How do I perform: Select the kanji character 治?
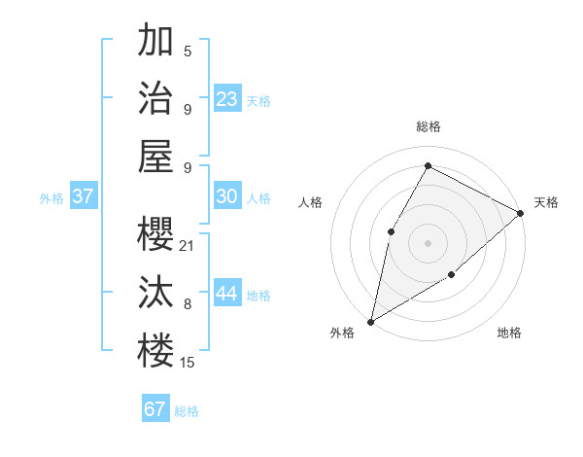(x=155, y=97)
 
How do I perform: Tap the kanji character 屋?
(x=155, y=156)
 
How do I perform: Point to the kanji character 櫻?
(x=155, y=233)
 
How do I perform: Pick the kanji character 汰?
(x=155, y=292)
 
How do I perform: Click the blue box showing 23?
(x=227, y=98)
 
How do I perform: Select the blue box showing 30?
(x=227, y=196)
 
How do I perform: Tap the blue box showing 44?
(x=227, y=294)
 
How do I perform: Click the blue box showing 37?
(x=84, y=196)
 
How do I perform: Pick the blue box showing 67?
(x=155, y=409)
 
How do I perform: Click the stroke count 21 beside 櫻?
(x=188, y=246)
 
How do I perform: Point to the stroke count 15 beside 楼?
(x=188, y=363)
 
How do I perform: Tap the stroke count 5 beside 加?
(x=188, y=52)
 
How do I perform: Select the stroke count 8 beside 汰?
(x=188, y=304)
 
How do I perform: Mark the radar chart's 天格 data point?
(x=521, y=214)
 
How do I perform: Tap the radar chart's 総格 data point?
(x=428, y=165)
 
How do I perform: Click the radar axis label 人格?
(x=311, y=202)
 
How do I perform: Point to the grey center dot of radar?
(x=428, y=242)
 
